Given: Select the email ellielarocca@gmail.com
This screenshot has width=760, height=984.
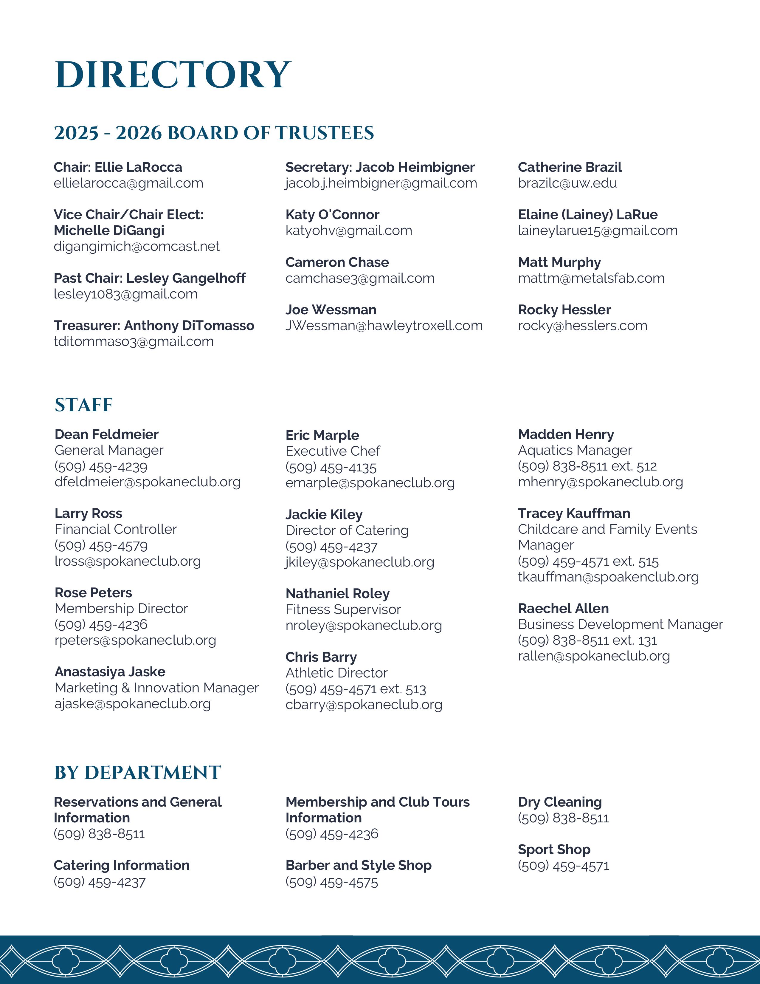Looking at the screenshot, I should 128,183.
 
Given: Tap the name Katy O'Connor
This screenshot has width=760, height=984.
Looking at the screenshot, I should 332,215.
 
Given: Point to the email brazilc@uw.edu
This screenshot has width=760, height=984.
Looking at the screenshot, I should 567,183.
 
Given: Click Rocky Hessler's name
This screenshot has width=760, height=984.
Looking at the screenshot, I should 564,310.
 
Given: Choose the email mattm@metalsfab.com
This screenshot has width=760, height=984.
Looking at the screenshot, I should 591,279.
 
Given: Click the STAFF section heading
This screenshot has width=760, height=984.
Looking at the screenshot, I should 84,405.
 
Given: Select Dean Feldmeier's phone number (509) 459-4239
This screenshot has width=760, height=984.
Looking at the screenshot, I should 101,466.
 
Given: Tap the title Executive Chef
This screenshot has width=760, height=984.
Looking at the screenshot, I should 333,451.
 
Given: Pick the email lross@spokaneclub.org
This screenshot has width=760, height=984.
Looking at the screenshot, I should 128,561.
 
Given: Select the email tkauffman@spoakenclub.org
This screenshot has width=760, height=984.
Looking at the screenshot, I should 608,577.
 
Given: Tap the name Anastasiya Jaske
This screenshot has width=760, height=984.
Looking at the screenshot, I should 110,672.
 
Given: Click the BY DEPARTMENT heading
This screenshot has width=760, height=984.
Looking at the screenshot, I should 138,772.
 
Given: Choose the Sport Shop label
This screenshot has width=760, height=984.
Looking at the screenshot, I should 554,850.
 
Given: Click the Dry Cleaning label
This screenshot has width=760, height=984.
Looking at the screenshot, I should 560,802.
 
